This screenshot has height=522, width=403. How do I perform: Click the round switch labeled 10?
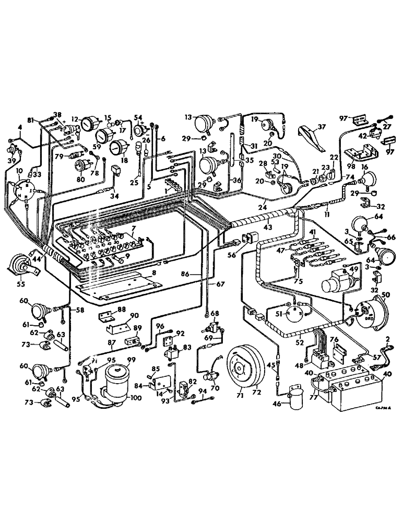22,191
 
